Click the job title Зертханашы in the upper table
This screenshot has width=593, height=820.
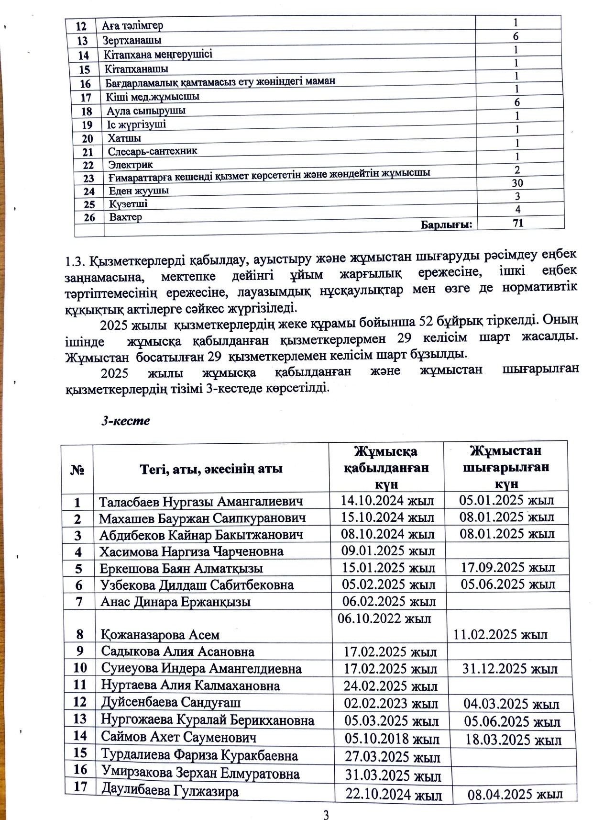coord(132,40)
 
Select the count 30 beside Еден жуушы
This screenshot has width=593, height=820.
coord(517,183)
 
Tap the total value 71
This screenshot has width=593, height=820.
coord(518,223)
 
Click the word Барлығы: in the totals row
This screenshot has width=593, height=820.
coord(446,224)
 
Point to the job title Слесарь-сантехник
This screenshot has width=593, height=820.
coord(152,151)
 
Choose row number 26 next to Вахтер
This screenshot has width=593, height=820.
coord(89,218)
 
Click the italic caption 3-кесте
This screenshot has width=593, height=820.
coord(125,421)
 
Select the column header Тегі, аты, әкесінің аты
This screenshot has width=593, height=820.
coord(211,469)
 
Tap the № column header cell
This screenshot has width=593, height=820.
coord(77,470)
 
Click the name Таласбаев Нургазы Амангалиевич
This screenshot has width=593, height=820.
coord(201,502)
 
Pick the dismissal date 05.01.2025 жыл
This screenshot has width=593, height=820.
coord(506,501)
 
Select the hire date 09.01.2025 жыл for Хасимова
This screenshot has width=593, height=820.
coord(388,550)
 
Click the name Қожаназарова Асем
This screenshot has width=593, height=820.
coord(160,635)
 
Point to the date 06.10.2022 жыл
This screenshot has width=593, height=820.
coord(384,618)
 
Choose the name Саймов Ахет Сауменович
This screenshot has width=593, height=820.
coord(178,738)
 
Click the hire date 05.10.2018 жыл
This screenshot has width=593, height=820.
coord(392,739)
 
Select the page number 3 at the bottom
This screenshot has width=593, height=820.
coord(326,814)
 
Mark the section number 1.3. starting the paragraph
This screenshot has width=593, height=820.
coord(75,262)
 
